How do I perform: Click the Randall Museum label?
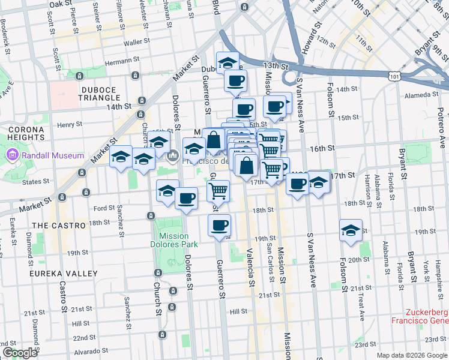pos(53,156)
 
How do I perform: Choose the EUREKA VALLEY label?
pos(65,274)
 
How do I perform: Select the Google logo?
pos(20,353)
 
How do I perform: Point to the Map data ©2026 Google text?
pos(412,355)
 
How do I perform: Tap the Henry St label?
pos(70,124)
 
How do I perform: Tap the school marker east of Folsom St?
pos(351,230)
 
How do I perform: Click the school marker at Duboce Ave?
pos(228,62)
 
